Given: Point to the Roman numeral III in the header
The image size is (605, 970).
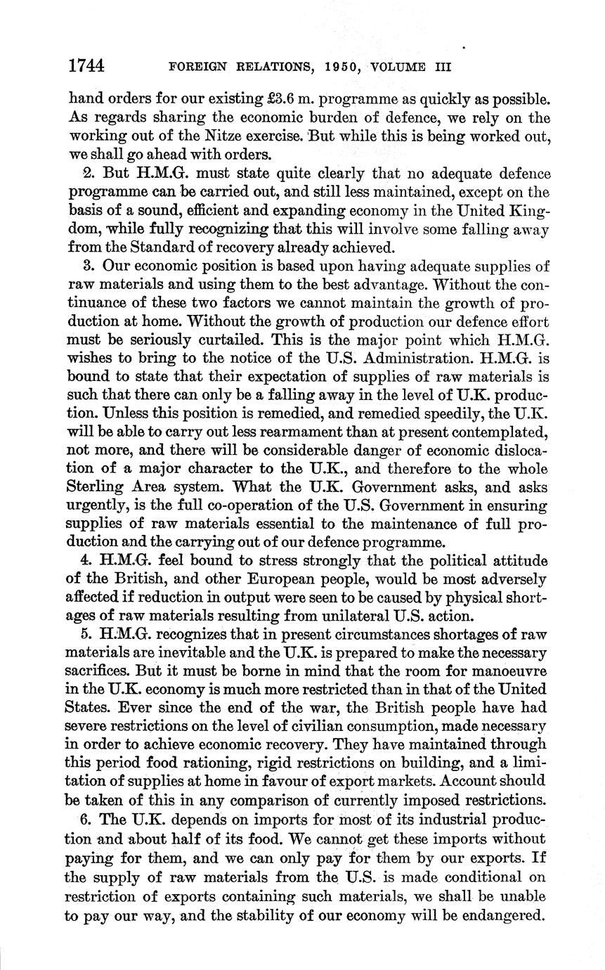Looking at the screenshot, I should point(438,67).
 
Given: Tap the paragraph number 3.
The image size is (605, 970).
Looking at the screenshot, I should point(88,266).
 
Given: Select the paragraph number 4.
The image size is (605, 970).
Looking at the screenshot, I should point(88,560).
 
